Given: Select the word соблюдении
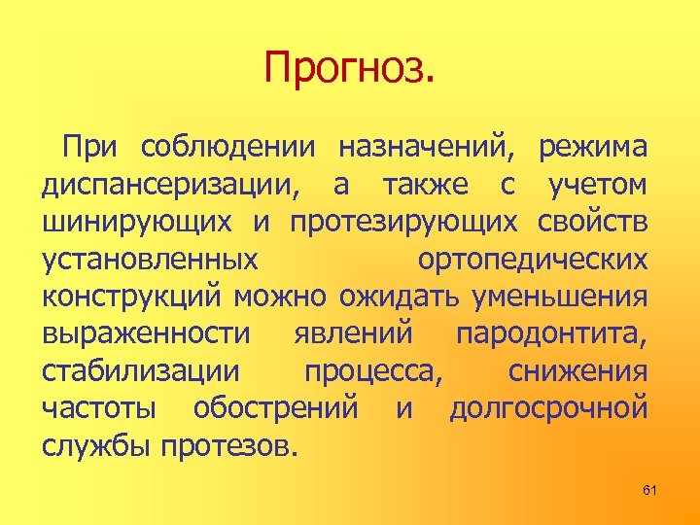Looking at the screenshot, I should point(228,148).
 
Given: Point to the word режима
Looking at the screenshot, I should point(594,148).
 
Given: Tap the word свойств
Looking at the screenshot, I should point(592,223).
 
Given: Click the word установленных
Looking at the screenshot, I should point(151,260).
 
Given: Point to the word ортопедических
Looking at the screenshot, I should point(532,260).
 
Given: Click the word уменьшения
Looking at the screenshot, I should point(558,297).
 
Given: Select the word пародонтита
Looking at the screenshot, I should point(550,333).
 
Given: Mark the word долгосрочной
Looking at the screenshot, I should point(548,408).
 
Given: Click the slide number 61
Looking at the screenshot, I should point(649,490).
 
